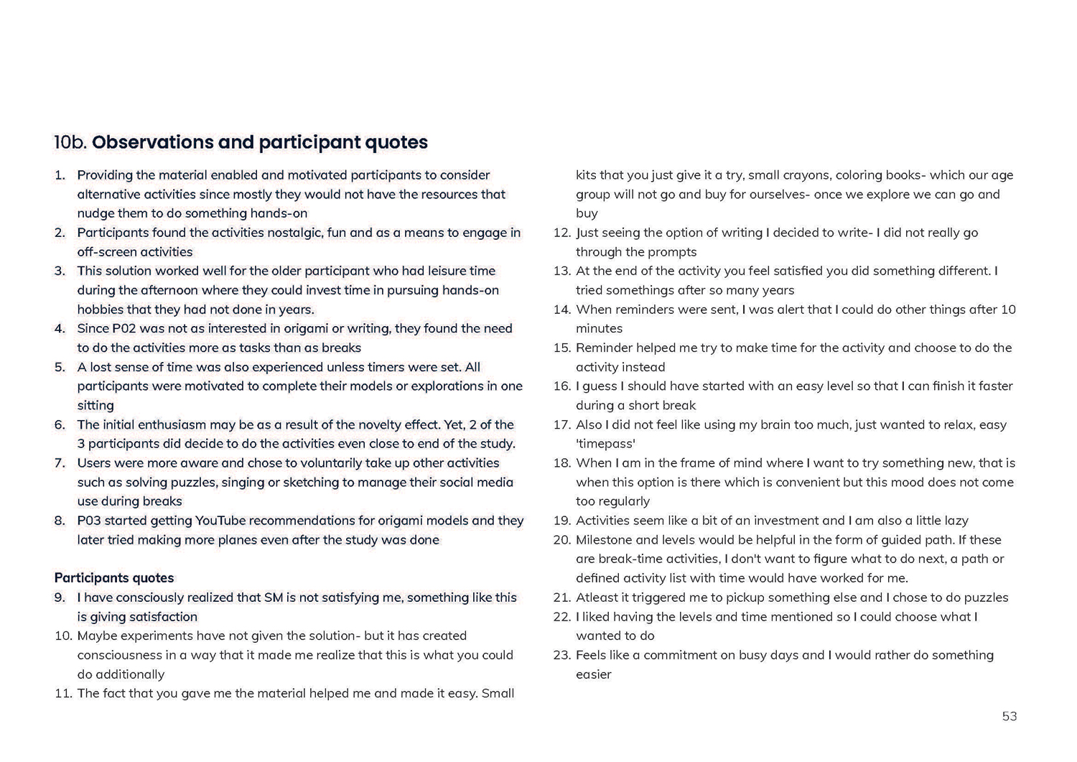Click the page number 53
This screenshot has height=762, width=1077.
[1009, 716]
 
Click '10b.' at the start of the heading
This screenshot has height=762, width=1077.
[70, 142]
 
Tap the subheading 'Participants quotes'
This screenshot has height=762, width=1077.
[114, 578]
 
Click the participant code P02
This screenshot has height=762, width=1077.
[122, 329]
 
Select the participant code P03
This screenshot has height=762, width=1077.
[89, 521]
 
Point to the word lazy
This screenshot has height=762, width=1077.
[955, 521]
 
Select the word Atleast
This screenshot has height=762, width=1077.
[598, 598]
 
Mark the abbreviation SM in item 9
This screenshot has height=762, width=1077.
[274, 598]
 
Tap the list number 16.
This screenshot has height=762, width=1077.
[561, 386]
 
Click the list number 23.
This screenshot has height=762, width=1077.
[561, 655]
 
